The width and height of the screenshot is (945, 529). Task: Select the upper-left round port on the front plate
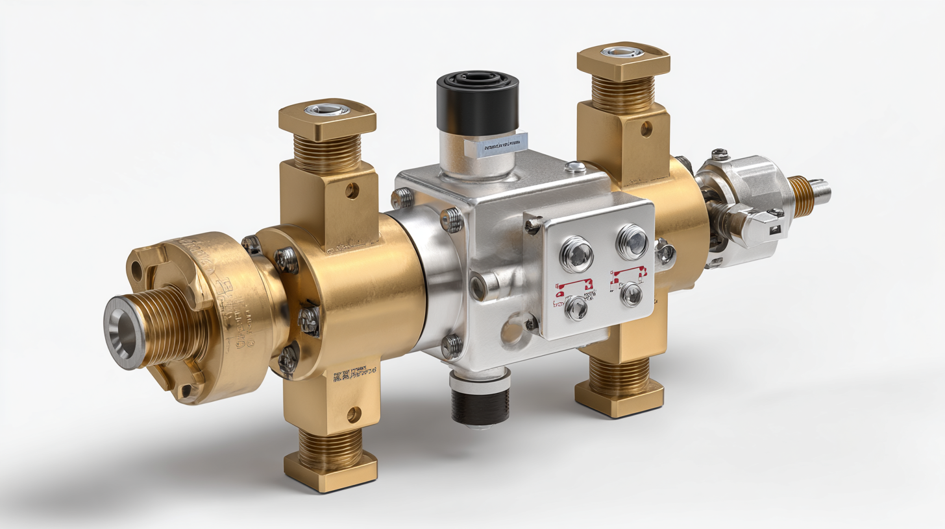[576, 253]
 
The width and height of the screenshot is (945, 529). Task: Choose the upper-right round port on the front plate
[632, 241]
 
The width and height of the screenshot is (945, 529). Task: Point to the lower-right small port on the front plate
[631, 295]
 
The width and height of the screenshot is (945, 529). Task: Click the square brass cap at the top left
[327, 119]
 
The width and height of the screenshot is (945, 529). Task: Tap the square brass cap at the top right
[622, 61]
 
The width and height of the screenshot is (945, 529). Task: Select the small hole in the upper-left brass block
[352, 191]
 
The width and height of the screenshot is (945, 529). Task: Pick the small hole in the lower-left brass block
[354, 414]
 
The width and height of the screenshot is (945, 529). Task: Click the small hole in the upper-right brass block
[646, 128]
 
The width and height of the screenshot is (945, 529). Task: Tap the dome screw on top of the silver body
[575, 167]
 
